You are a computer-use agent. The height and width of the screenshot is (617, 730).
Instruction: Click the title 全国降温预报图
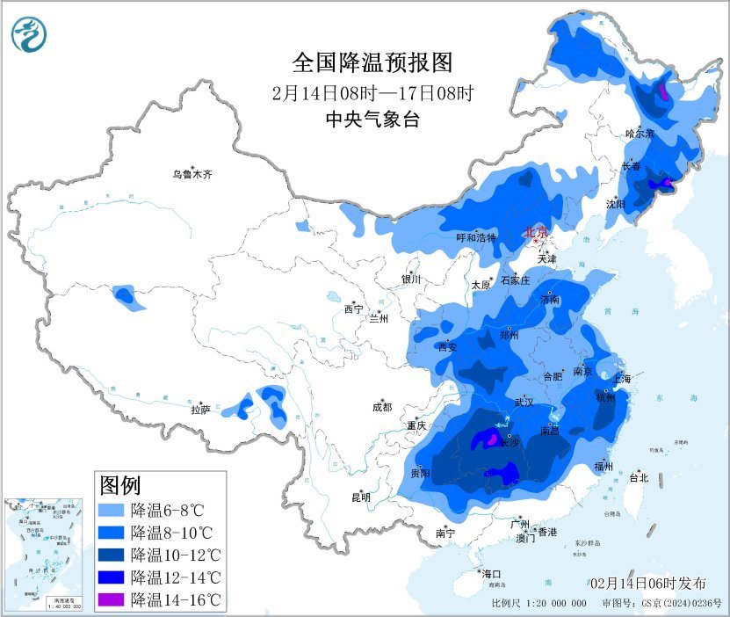pos(372,62)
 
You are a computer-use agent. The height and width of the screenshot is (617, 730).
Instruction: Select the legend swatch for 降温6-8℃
pos(111,510)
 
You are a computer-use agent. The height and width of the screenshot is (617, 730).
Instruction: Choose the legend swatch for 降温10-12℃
pos(111,555)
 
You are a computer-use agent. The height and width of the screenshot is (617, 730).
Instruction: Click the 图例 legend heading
pos(120,484)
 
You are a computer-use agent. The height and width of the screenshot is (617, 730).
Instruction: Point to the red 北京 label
pos(535,232)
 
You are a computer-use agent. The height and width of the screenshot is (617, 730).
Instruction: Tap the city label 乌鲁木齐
pos(192,175)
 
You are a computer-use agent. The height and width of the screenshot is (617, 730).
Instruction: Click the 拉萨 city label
pos(200,409)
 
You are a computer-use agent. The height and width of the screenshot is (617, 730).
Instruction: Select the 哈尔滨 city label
pos(640,134)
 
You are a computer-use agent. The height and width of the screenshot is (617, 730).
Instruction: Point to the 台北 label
pos(639,478)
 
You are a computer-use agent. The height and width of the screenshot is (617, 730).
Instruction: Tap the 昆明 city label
pos(361,497)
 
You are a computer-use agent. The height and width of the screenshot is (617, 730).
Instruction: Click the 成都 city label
pos(382,407)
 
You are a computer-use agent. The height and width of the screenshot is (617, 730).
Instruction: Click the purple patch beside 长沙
pos(493,437)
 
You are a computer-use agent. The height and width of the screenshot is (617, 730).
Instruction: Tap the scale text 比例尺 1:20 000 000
pos(538,604)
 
